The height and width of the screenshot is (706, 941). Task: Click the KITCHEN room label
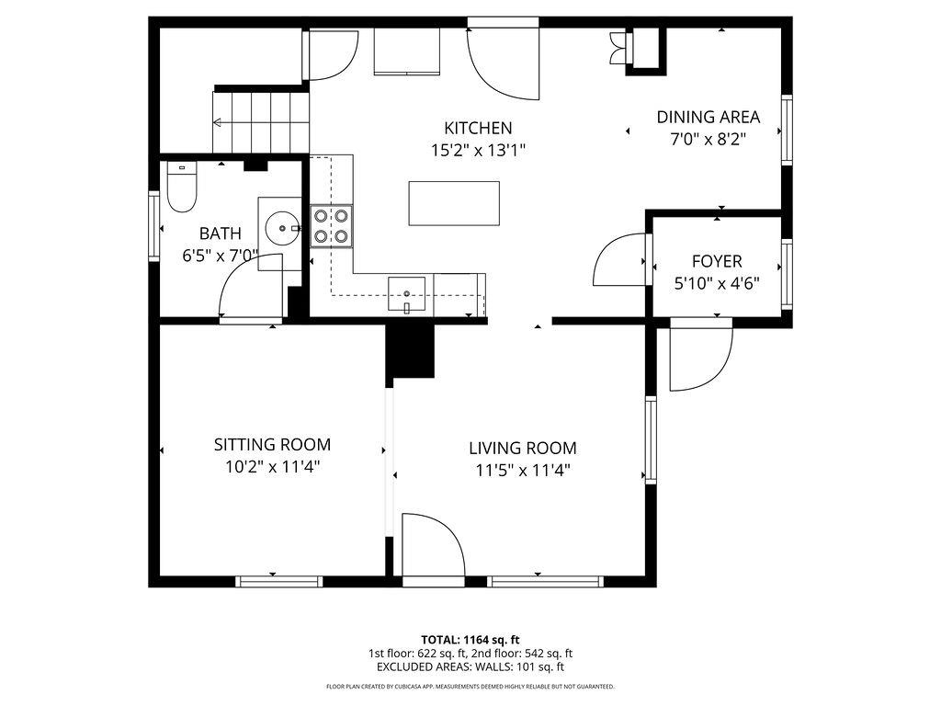point(478,128)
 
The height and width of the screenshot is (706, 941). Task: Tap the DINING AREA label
point(708,117)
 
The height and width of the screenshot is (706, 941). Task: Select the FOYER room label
point(717,261)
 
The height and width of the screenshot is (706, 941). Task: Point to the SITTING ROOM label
point(272,445)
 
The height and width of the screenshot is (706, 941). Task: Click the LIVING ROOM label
point(522,449)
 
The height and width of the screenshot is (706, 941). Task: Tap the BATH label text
point(220,233)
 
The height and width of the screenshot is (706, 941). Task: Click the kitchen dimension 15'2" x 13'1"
point(478,150)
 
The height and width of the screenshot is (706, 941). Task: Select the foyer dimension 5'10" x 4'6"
point(717,283)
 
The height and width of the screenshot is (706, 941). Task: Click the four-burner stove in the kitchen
point(332,225)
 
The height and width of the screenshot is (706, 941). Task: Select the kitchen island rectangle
point(454,203)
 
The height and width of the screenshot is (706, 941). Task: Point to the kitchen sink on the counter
point(406,294)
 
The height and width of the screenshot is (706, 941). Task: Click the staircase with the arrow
point(260,121)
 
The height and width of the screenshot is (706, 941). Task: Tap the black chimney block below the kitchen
point(411,351)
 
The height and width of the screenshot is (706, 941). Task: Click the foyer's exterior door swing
point(700,357)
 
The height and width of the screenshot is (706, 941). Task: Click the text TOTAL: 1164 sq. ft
point(470,639)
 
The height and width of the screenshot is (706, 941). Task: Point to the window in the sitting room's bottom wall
point(279,581)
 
